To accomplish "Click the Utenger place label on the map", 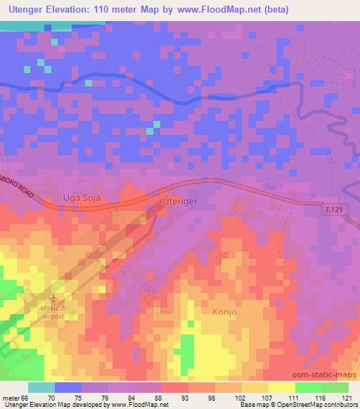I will [x=180, y=201].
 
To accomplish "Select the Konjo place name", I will [x=226, y=311].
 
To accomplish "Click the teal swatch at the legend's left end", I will [x=41, y=387].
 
